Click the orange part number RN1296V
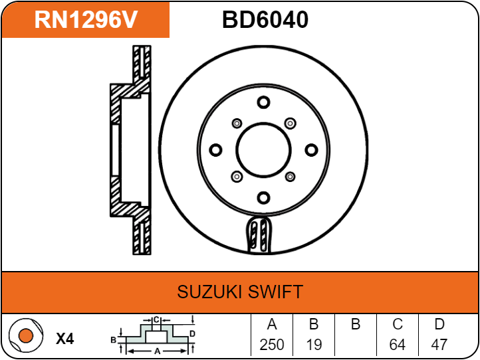86,20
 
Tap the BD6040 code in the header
265,20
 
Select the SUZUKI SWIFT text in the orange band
240,292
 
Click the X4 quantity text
64,339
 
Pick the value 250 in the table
271,345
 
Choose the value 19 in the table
314,345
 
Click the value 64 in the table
398,345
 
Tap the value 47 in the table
439,345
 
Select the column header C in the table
398,325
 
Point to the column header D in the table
439,325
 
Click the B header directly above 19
314,325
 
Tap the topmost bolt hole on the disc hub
264,102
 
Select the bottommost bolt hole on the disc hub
264,197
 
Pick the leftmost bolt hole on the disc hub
216,149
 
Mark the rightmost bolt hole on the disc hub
311,149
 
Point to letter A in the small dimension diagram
156,350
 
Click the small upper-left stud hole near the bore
237,124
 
